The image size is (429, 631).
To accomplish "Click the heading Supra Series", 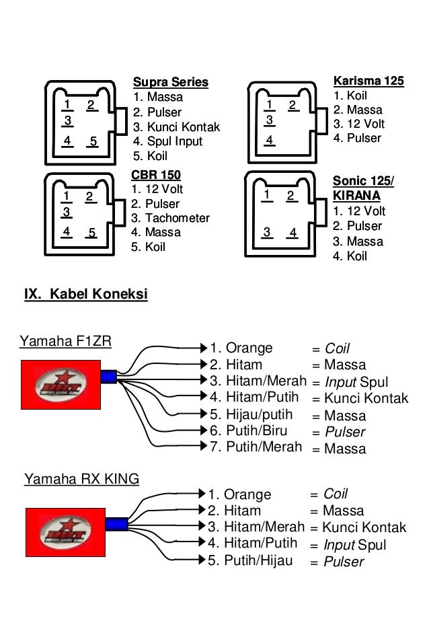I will coord(171,83).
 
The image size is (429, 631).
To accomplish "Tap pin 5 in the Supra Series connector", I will coord(93,142).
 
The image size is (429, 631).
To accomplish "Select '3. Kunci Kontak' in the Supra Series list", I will coord(176,127).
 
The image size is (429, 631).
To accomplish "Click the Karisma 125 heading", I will coord(368,81).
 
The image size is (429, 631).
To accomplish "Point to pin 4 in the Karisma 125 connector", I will coord(269,141).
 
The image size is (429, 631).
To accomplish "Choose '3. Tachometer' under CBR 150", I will coord(170,218).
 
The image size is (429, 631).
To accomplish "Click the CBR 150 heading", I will coord(156,176).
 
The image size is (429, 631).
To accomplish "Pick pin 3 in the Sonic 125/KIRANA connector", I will coord(267,233).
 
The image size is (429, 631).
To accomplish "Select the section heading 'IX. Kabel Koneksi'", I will coord(85,295).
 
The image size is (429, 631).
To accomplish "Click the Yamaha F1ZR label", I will coord(65,341).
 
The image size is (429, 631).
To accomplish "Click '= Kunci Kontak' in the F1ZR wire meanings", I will coord(360,398).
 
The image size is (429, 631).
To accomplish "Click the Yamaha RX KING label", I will coord(81,479).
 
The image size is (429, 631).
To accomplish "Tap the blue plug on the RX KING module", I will coord(116,523).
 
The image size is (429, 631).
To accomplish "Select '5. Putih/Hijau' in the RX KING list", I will coord(249,560).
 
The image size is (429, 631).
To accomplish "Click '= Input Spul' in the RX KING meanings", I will coord(348,545).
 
